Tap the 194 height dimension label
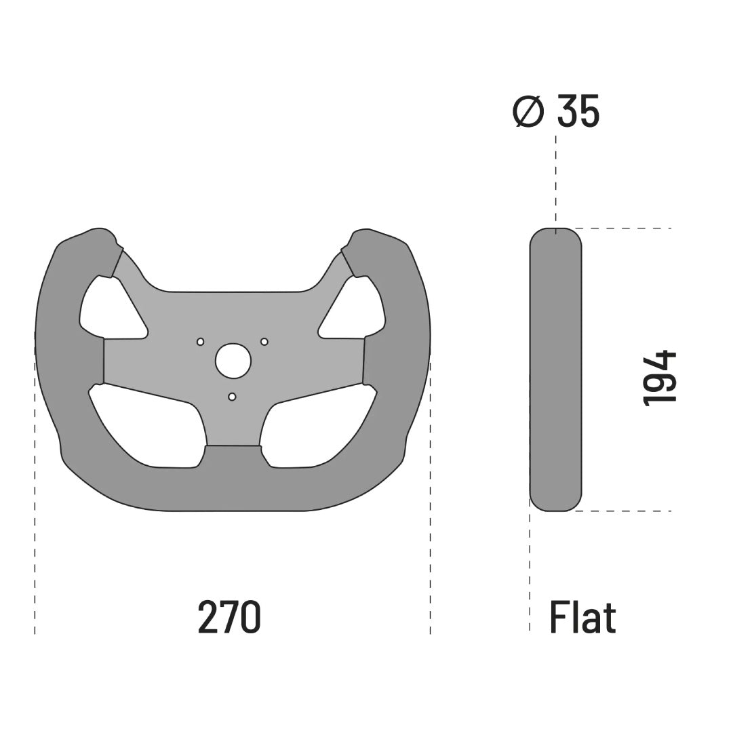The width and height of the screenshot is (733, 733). (x=660, y=378)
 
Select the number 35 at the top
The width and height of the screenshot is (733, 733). (x=578, y=111)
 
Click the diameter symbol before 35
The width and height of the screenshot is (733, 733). (x=528, y=111)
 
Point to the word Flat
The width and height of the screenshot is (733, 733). (x=582, y=617)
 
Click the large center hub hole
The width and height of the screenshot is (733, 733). (x=233, y=361)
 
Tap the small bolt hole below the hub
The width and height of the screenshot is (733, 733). (x=232, y=397)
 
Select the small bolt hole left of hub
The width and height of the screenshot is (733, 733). (x=201, y=342)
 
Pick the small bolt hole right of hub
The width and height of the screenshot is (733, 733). (x=264, y=342)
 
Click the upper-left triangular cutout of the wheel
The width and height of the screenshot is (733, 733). (x=112, y=309)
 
